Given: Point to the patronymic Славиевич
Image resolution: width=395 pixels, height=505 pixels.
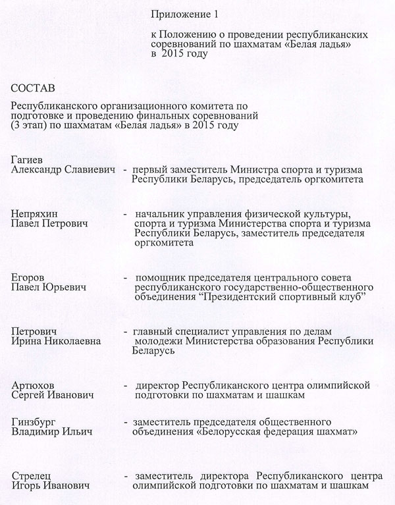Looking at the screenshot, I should pyautogui.click(x=92, y=169).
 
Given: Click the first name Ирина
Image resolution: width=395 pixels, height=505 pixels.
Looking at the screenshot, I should pyautogui.click(x=27, y=341).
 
